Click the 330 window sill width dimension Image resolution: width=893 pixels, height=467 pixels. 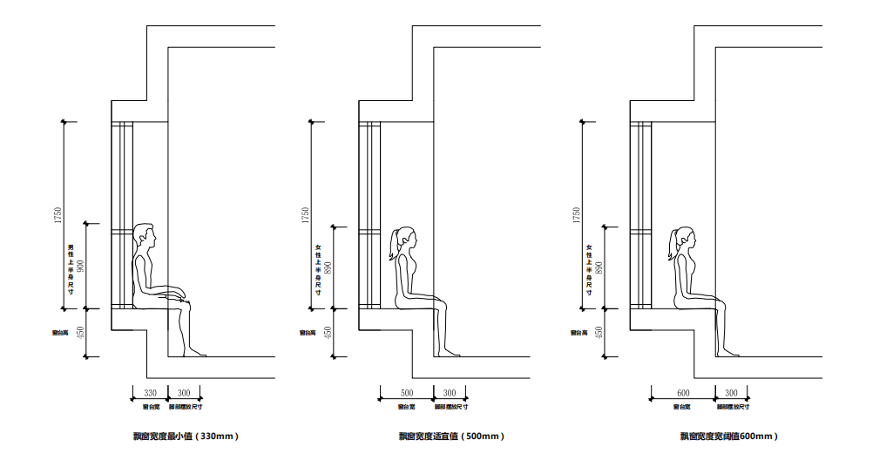coord(150,393)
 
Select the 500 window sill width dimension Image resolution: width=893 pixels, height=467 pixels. coord(407,393)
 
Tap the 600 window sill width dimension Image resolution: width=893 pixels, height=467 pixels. coord(682,393)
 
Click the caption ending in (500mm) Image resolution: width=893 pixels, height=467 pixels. coord(451,436)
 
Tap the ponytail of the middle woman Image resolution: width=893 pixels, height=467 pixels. coord(395,246)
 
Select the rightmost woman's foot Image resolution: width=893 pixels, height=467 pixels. coord(729,353)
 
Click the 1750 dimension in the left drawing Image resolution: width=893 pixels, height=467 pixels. coord(58,214)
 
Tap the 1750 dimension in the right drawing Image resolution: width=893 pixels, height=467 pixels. coord(576,214)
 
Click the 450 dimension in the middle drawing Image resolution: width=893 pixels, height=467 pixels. coord(328,332)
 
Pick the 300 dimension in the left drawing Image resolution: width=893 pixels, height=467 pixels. coord(184,393)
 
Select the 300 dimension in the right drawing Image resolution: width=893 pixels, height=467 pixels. coord(731,393)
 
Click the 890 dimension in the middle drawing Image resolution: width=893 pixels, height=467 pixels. coord(328,266)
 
